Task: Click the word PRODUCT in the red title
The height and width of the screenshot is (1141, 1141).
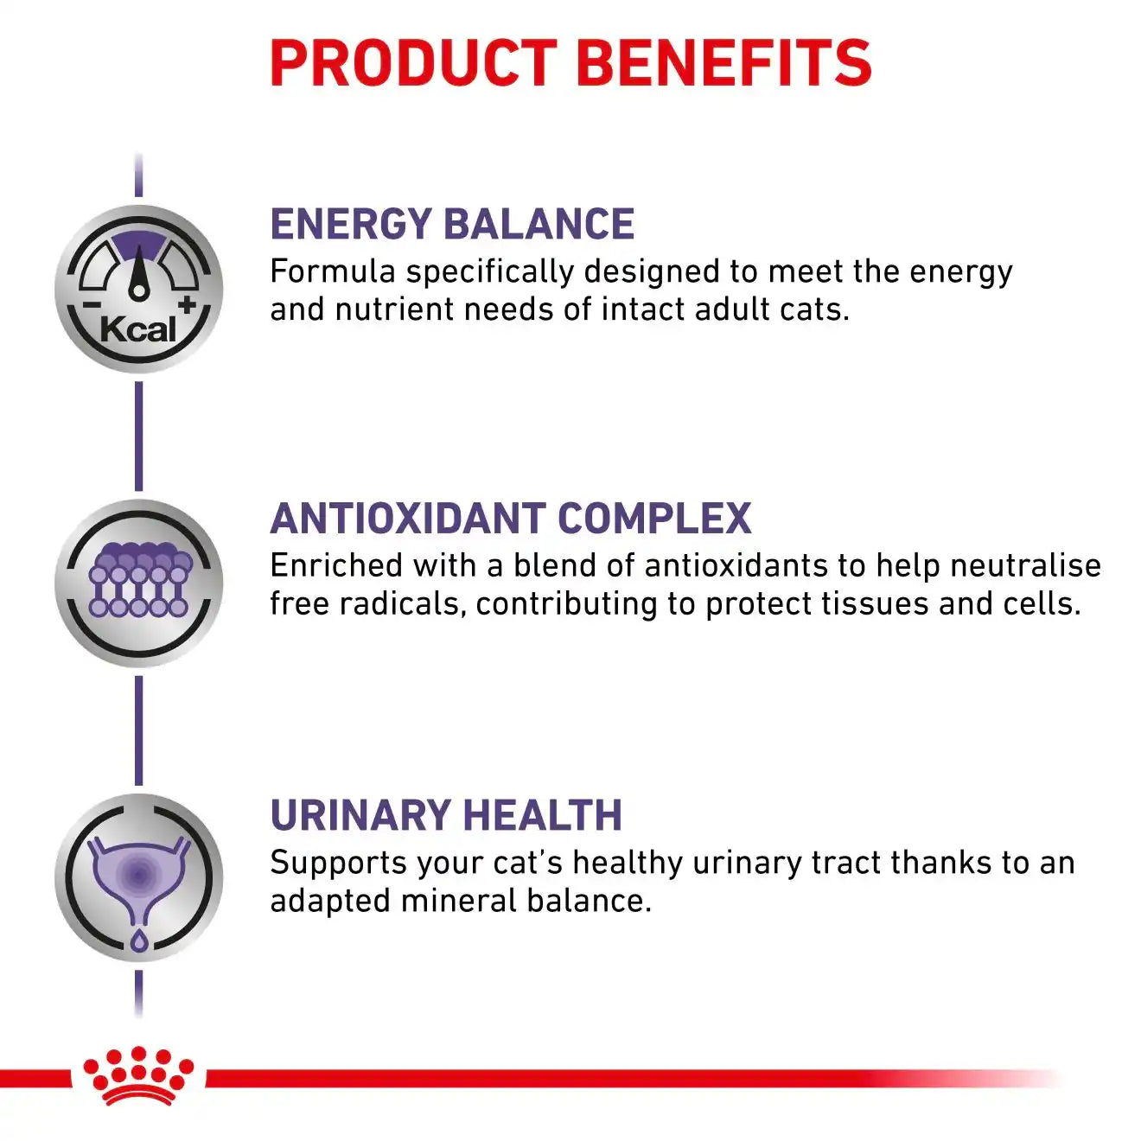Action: tap(413, 63)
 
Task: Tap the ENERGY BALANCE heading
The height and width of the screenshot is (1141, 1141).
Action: tap(452, 224)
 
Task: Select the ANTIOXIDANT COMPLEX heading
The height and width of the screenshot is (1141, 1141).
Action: tap(510, 519)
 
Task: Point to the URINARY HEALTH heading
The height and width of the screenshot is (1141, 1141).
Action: tap(446, 815)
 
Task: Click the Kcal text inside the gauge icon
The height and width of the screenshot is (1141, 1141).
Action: tap(138, 329)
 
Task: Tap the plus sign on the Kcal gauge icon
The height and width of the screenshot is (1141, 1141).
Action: tap(187, 305)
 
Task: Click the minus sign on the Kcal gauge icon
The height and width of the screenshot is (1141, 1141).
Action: tap(92, 305)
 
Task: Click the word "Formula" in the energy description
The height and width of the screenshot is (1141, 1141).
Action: tap(333, 271)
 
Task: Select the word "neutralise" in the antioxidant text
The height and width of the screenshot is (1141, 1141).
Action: tap(1025, 564)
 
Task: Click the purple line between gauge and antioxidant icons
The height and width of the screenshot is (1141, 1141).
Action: tap(138, 437)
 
